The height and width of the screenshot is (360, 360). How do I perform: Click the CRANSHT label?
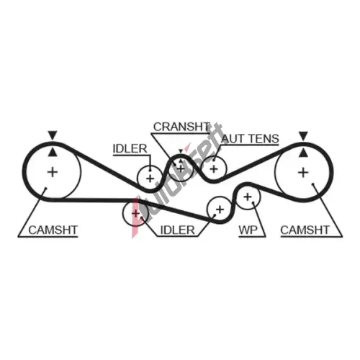181,127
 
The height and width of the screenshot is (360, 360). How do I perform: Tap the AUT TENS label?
250,138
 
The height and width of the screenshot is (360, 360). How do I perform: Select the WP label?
248,230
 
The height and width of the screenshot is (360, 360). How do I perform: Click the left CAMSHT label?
53,230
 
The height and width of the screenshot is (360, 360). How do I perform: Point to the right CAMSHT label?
305,230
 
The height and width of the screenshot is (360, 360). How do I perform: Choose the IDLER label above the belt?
130,149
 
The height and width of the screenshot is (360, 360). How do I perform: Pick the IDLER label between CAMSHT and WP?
177,230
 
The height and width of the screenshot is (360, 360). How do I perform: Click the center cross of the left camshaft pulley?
53,172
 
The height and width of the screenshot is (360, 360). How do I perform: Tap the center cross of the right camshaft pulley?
303,173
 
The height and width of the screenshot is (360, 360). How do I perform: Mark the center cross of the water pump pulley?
248,197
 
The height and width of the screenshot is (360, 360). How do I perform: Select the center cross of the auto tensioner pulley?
214,169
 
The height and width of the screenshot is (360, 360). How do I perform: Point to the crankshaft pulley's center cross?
181,168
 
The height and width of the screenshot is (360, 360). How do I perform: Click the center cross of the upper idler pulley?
150,179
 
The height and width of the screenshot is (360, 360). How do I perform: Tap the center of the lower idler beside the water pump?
220,210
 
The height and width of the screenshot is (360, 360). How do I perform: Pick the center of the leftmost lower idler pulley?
136,213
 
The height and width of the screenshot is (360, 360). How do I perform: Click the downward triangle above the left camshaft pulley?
53,135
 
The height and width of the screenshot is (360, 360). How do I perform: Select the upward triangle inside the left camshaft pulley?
53,153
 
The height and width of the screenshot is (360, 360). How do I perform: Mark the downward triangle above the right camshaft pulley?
303,136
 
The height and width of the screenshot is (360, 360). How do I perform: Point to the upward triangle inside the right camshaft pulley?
303,153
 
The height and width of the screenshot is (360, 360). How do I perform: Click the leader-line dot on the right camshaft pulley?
313,184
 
